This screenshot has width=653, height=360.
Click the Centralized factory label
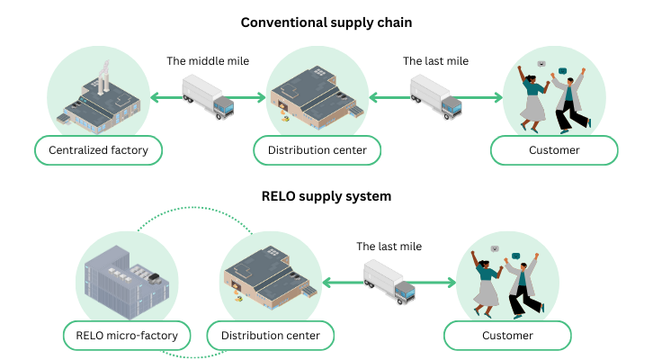pos(98,150)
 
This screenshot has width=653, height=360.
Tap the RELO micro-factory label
pos(127,337)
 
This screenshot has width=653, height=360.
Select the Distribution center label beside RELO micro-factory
pos(271,337)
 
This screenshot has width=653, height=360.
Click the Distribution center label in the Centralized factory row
pos(317,150)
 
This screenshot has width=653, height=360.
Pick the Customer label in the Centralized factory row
pos(554,150)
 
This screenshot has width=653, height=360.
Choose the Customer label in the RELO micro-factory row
pos(507,336)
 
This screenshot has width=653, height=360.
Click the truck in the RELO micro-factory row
pos(389,281)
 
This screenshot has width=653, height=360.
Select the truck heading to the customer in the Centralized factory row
pos(436,96)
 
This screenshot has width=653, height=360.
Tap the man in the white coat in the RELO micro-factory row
pos(521,283)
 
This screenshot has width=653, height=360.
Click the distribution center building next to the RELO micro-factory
pos(269,274)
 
